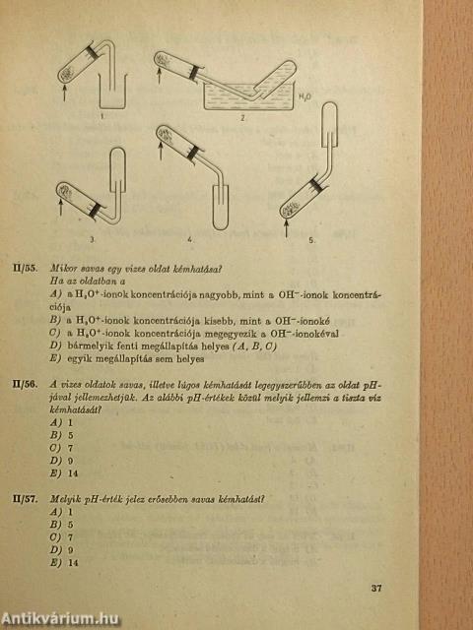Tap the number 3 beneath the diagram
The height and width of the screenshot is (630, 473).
(x=93, y=239)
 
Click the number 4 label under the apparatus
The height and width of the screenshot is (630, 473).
(x=190, y=239)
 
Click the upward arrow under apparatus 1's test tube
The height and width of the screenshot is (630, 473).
(x=64, y=91)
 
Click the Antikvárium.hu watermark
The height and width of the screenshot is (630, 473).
(x=61, y=619)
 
